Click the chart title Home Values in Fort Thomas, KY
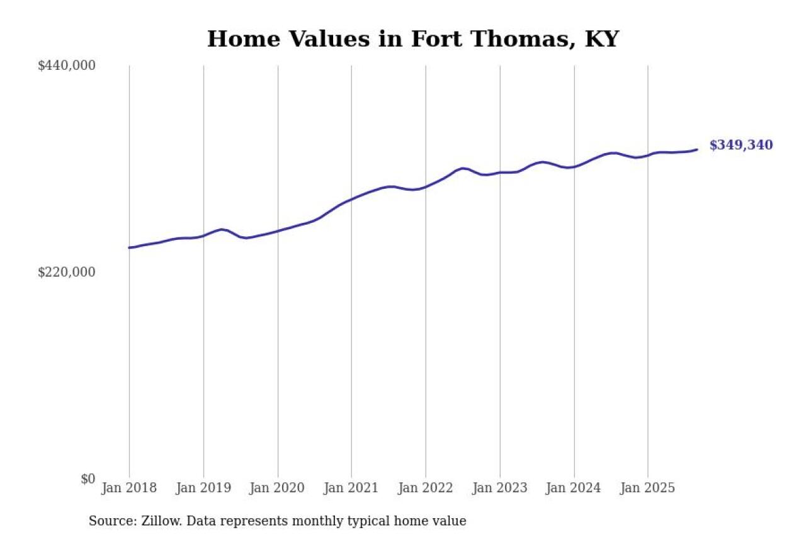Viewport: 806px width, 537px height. pyautogui.click(x=413, y=39)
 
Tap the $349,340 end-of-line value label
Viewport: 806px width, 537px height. pyautogui.click(x=741, y=145)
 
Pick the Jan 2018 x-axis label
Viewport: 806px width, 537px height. pyautogui.click(x=129, y=488)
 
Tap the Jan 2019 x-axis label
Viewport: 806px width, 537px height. pyautogui.click(x=203, y=488)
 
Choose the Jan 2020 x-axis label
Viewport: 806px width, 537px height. pyautogui.click(x=278, y=488)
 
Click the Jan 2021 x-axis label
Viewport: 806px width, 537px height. pyautogui.click(x=351, y=488)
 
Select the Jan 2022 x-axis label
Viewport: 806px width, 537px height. pyautogui.click(x=426, y=488)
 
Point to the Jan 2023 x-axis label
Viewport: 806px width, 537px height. pyautogui.click(x=500, y=488)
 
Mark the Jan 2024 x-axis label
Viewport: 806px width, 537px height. pyautogui.click(x=574, y=488)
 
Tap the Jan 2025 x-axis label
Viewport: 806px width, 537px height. pyautogui.click(x=648, y=488)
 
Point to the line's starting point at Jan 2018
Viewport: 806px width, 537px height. pyautogui.click(x=130, y=247)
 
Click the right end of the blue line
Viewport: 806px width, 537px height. pyautogui.click(x=696, y=149)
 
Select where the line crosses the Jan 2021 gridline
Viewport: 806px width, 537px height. pyautogui.click(x=351, y=199)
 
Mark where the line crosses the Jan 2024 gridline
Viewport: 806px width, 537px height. pyautogui.click(x=574, y=166)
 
